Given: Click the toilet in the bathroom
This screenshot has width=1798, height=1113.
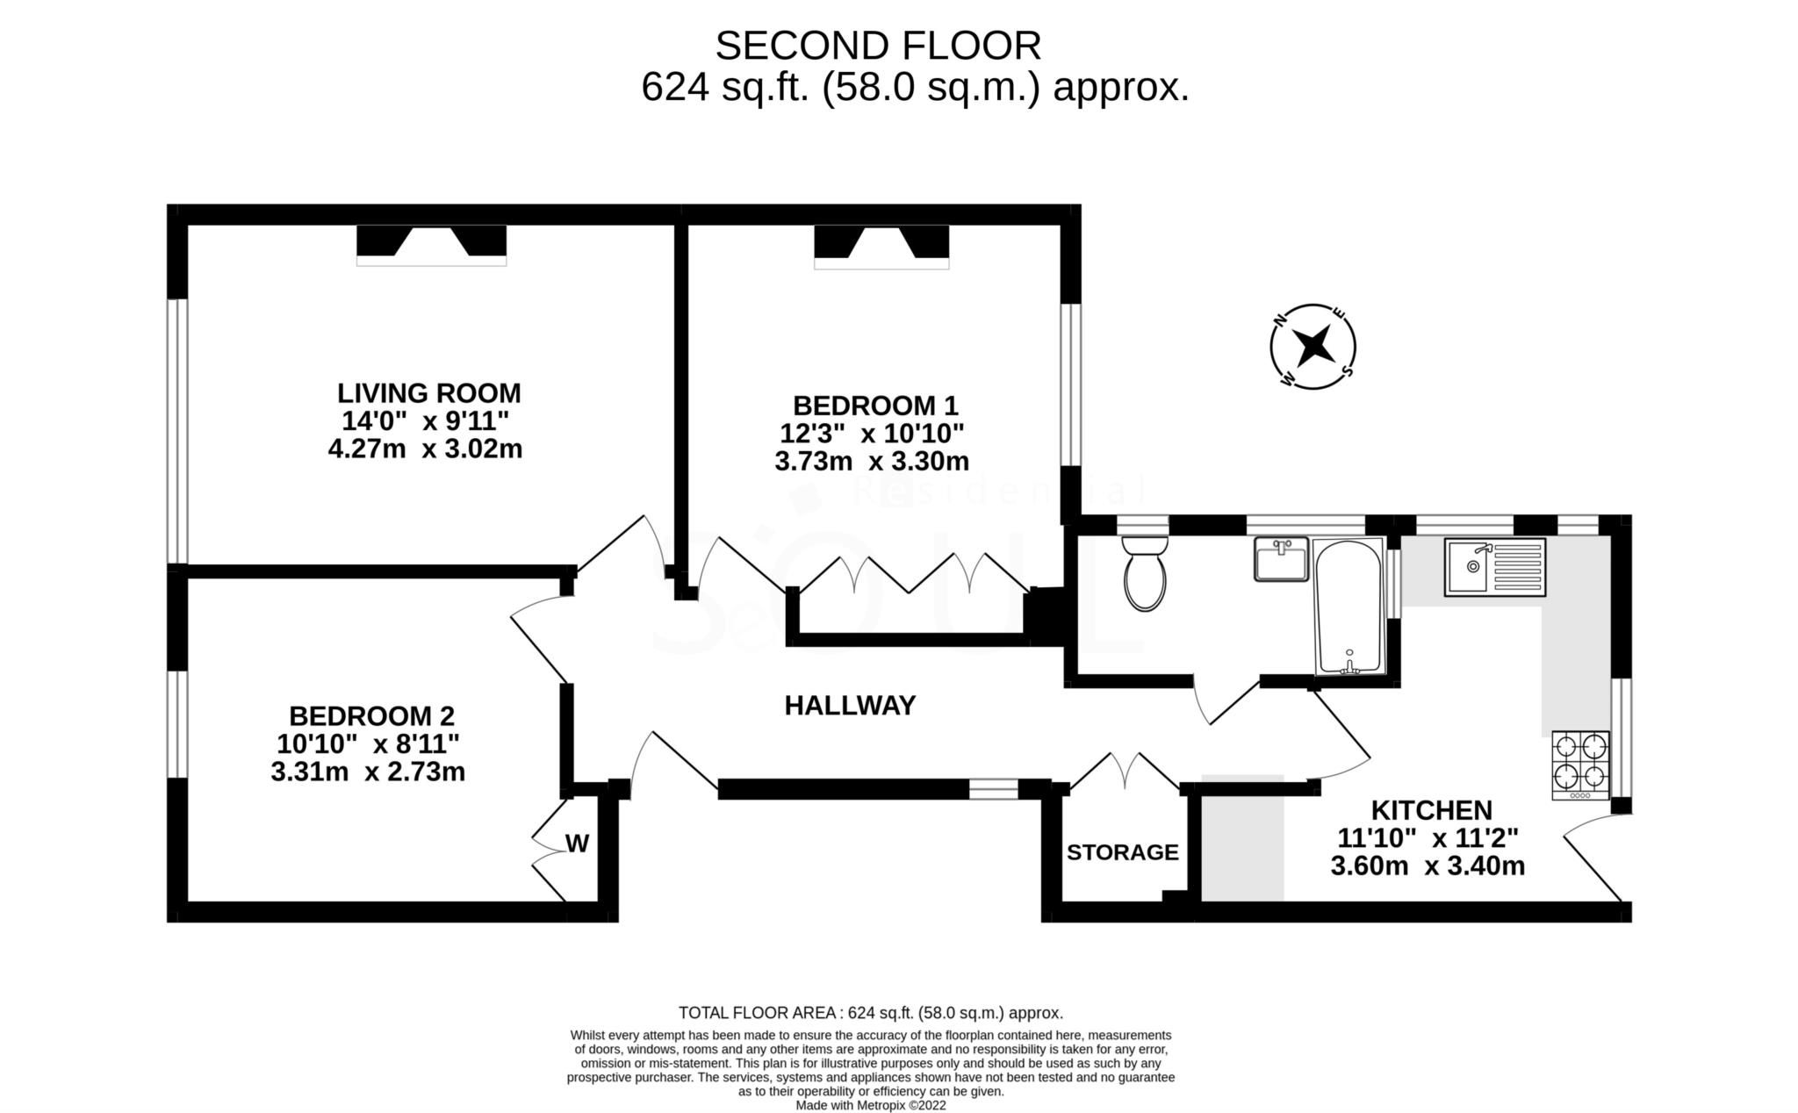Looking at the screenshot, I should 1146,575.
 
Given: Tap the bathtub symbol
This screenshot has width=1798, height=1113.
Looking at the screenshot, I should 1348,607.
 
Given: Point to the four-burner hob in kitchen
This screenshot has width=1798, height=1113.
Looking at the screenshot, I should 1580,762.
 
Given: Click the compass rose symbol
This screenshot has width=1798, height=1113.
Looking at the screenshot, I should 1313,347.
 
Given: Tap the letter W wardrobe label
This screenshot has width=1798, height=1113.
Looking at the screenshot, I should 577,844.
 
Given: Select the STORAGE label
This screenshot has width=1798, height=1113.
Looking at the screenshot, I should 1122,852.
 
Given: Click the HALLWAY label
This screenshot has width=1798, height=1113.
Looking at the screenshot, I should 850,706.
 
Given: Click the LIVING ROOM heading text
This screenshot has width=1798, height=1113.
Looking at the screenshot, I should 429,392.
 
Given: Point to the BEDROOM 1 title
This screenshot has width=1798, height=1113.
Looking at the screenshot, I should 875,406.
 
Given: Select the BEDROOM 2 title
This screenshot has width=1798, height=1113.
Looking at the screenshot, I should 372,715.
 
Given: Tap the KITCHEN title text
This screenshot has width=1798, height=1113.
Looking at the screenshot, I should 1431,809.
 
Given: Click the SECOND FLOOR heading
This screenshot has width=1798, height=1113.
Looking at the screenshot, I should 878,46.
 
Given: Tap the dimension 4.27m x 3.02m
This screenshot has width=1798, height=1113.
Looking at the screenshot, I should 425,449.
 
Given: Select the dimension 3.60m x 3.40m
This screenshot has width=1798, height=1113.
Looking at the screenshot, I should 1428,866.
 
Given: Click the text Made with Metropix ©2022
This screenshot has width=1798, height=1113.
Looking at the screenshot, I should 871,1106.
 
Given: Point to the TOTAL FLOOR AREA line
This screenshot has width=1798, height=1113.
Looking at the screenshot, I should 871,1013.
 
